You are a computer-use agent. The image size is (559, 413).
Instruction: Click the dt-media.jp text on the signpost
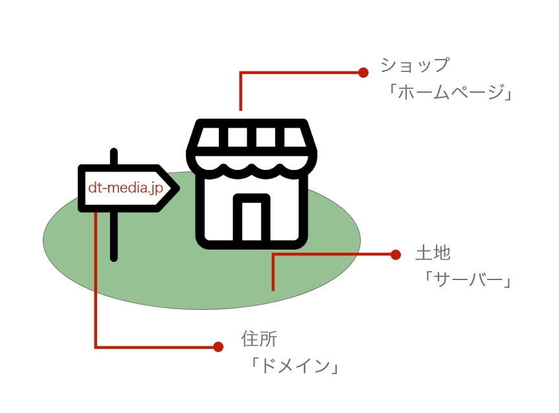(x=125, y=189)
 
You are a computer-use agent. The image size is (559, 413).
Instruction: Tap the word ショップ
(x=415, y=65)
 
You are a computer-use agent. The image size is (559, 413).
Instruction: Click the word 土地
(x=433, y=253)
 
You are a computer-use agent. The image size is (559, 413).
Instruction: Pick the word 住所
(x=258, y=338)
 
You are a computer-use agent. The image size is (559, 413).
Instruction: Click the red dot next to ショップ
(x=363, y=73)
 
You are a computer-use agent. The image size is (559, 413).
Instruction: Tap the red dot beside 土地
(x=396, y=255)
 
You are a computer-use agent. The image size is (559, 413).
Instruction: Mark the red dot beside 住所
(x=218, y=347)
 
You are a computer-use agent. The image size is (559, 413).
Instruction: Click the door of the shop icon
(x=251, y=220)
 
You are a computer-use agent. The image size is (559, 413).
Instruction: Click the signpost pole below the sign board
(x=114, y=237)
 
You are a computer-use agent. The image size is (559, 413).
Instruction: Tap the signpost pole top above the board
(x=114, y=157)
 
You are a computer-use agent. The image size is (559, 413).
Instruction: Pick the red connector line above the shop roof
(x=241, y=91)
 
